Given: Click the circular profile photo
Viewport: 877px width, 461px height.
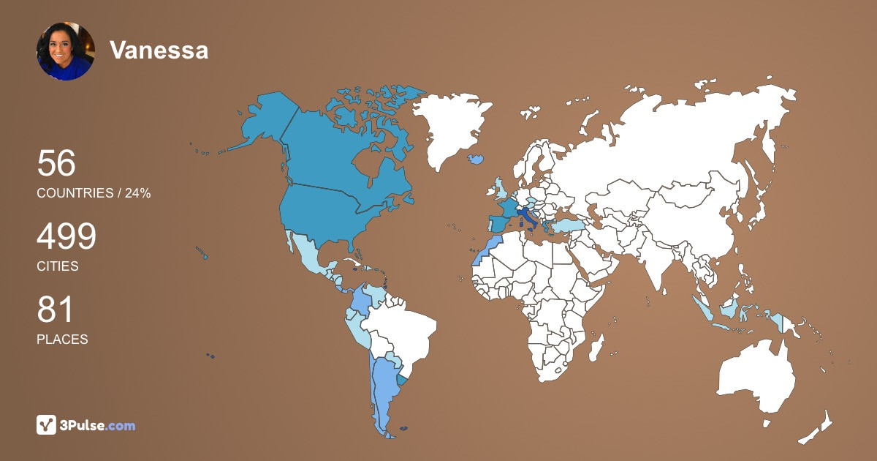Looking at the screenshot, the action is (x=66, y=50).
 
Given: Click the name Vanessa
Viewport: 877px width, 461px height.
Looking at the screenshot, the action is (x=159, y=50).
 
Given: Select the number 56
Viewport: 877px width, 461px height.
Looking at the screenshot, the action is (x=56, y=164).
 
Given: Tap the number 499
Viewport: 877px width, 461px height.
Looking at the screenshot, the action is (x=67, y=237).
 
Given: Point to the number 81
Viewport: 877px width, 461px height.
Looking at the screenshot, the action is (x=56, y=310).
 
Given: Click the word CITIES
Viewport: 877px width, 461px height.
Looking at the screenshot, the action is (x=58, y=266).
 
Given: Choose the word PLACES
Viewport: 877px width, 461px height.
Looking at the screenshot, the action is (x=62, y=340).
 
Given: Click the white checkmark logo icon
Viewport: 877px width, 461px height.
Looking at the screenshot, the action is (x=47, y=424).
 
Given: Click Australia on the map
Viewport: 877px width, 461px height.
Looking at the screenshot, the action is (x=756, y=377).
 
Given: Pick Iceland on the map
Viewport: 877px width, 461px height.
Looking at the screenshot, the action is (x=477, y=158).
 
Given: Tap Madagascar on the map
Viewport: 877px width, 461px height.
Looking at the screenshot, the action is (x=598, y=347).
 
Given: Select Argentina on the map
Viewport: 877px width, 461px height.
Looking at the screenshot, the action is (x=384, y=388).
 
